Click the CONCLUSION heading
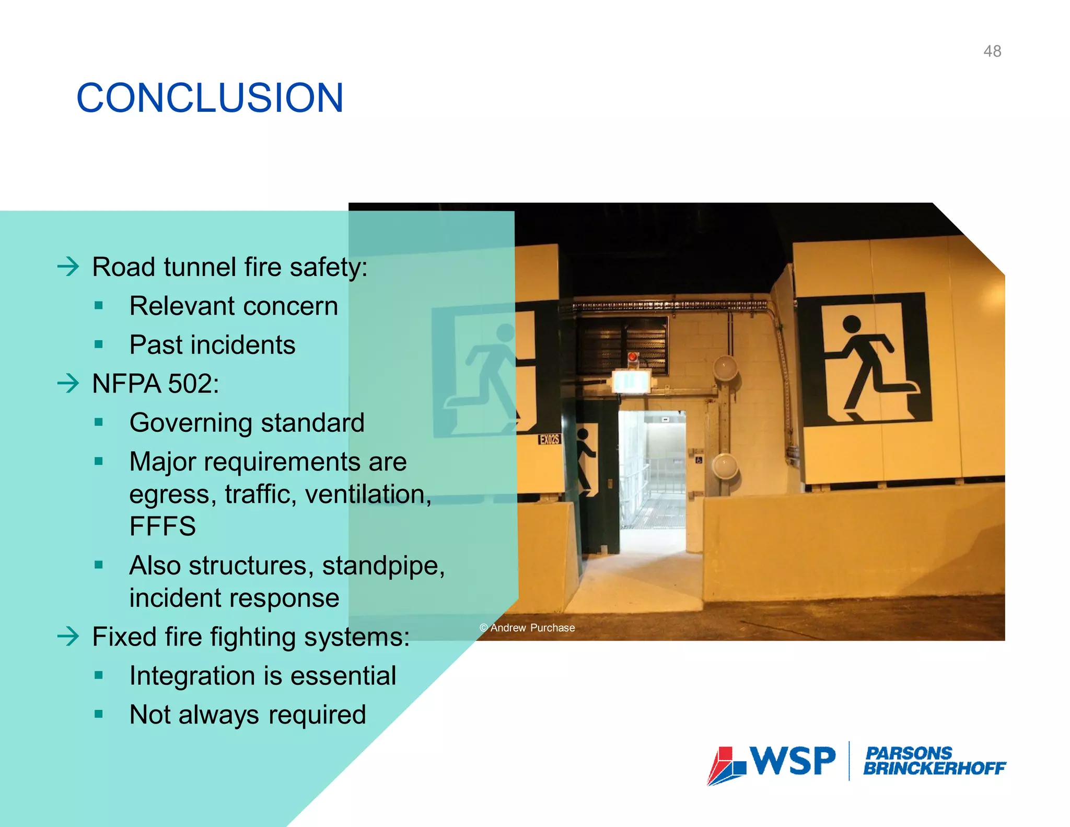click(x=210, y=98)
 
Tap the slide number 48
click(x=992, y=51)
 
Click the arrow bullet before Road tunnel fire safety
click(x=68, y=267)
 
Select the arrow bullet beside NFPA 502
click(x=68, y=384)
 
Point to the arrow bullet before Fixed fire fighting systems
click(x=68, y=636)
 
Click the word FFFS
click(x=162, y=526)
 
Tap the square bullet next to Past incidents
click(x=99, y=344)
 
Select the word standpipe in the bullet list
click(x=383, y=566)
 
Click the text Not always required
click(x=248, y=715)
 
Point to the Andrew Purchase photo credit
click(x=527, y=628)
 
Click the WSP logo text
click(x=793, y=761)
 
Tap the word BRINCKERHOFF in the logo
click(x=934, y=768)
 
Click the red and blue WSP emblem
click(x=726, y=766)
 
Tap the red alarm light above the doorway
click(x=633, y=358)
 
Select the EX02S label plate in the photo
click(x=549, y=439)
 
